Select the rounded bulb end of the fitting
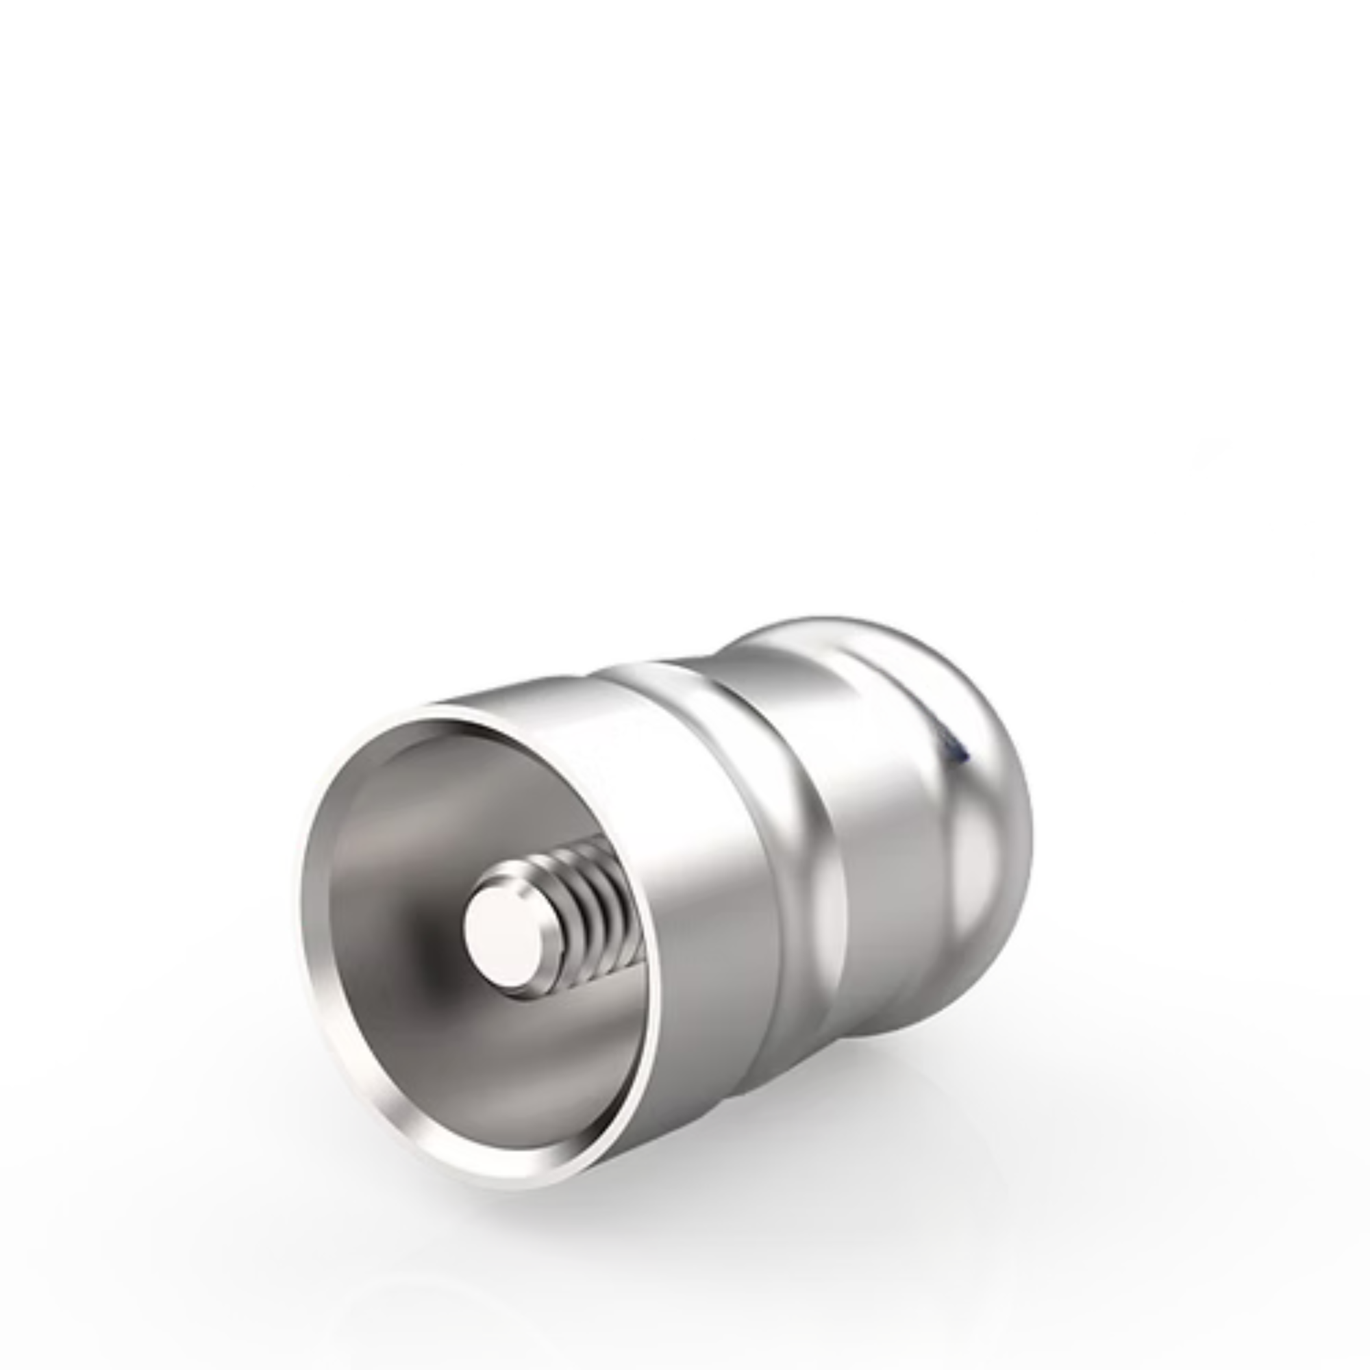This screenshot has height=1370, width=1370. (986, 837)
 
